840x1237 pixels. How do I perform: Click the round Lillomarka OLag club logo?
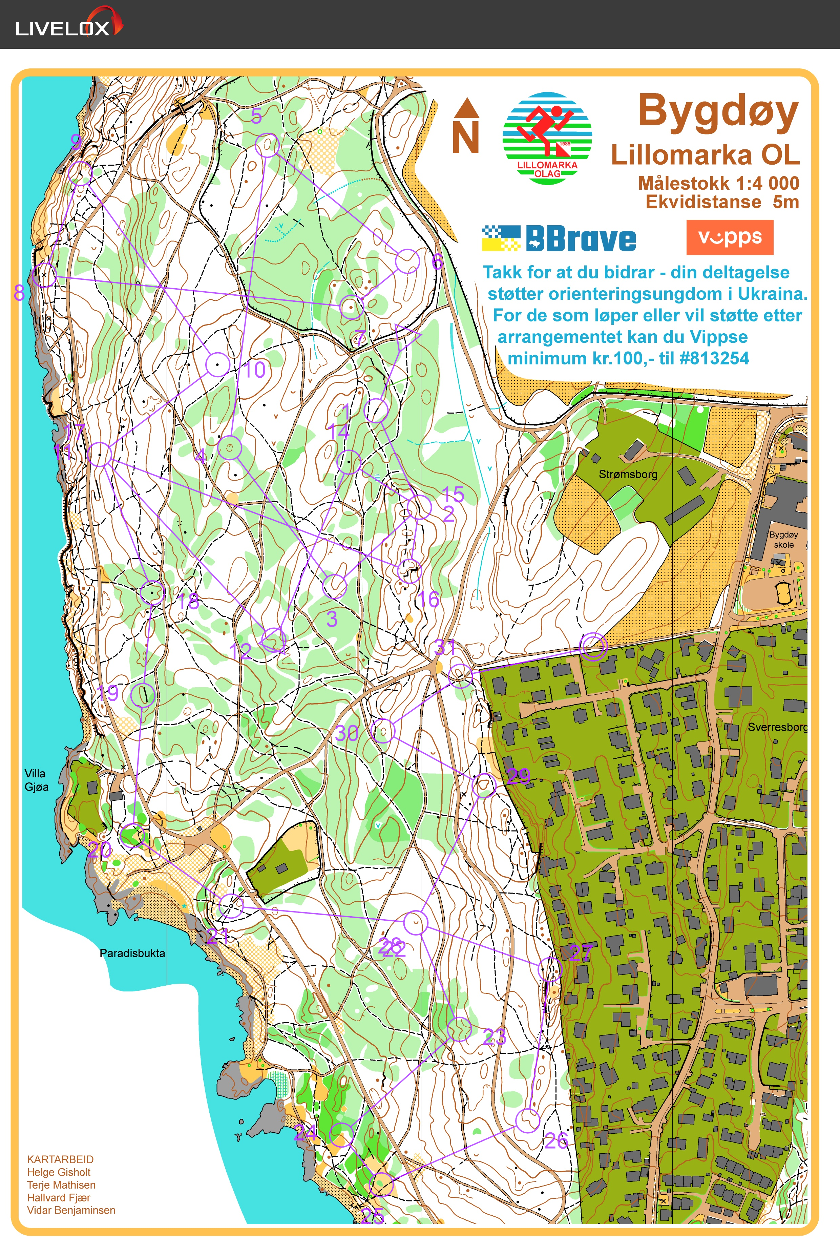pyautogui.click(x=547, y=139)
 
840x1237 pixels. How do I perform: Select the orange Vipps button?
pyautogui.click(x=729, y=237)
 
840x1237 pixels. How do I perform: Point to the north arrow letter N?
pyautogui.click(x=466, y=137)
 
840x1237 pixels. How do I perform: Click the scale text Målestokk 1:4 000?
pyautogui.click(x=719, y=183)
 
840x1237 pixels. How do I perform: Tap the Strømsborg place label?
pyautogui.click(x=628, y=474)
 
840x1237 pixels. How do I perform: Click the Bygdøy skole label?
pyautogui.click(x=783, y=539)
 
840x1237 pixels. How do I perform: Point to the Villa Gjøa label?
pyautogui.click(x=36, y=780)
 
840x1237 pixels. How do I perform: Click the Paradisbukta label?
pyautogui.click(x=132, y=953)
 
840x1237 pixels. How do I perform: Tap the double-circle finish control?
pyautogui.click(x=593, y=646)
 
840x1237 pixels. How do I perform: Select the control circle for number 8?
pyautogui.click(x=44, y=275)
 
